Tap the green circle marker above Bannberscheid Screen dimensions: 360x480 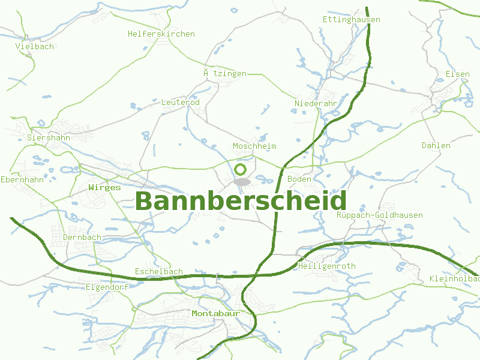pos(241,170)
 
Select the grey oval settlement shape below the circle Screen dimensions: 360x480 pos(242,181)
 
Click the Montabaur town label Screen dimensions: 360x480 pos(215,313)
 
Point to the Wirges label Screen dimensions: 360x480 pos(104,187)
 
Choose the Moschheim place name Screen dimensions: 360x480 pos(254,146)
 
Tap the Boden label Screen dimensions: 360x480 pos(299,179)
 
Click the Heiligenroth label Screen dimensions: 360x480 pos(327,266)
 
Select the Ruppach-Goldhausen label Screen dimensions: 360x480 pos(380,215)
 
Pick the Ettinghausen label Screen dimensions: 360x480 pos(352,19)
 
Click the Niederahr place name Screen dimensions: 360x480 pos(316,103)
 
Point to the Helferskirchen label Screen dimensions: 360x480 pos(161,34)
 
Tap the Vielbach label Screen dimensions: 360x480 pos(35,46)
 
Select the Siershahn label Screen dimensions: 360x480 pos(49,137)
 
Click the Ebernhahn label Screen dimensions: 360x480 pos(23,179)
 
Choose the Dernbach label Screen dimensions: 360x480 pos(82,237)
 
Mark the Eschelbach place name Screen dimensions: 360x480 pos(159,271)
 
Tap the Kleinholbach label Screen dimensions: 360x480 pos(455,279)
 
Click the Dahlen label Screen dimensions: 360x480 pos(436,145)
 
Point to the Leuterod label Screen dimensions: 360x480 pos(181,102)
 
